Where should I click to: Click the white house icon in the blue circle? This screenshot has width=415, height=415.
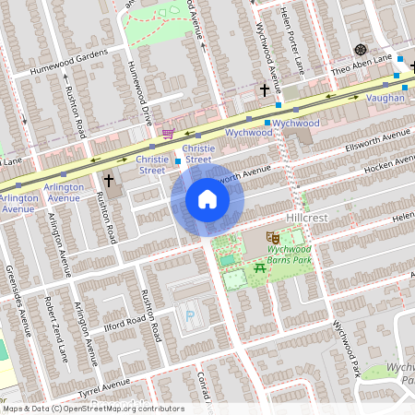(x=207, y=200)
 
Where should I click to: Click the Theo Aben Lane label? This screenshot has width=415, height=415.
(x=359, y=69)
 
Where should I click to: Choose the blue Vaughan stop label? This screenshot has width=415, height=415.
(x=385, y=97)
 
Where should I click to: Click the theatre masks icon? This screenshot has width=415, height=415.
(x=271, y=238)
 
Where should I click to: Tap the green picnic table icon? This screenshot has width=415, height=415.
(x=258, y=268)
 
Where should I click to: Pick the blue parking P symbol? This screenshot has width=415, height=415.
(x=190, y=315)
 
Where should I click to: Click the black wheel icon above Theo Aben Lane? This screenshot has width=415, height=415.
(x=360, y=49)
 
